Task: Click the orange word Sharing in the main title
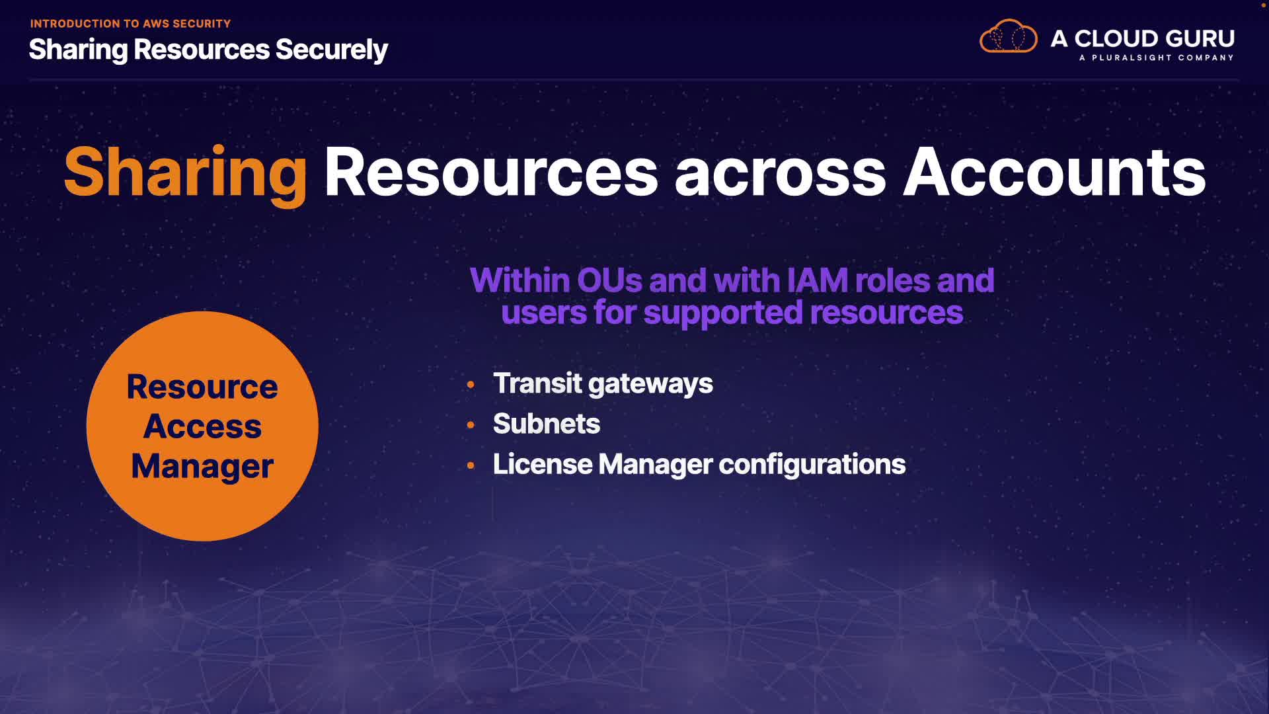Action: tap(185, 173)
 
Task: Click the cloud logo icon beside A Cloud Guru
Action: tap(1008, 37)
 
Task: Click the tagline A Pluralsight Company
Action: tap(1156, 58)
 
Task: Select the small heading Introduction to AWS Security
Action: tap(130, 24)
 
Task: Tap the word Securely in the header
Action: tap(331, 50)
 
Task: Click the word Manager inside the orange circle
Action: tap(202, 466)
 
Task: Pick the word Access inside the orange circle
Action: tap(202, 426)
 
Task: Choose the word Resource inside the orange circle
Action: tap(202, 387)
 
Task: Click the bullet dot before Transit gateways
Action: tap(471, 385)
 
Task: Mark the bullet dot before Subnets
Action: tap(471, 425)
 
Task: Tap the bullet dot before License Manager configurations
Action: tap(471, 465)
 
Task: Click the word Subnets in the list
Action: tap(547, 424)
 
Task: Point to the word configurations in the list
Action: tap(812, 465)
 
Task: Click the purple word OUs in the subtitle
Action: tap(609, 280)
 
